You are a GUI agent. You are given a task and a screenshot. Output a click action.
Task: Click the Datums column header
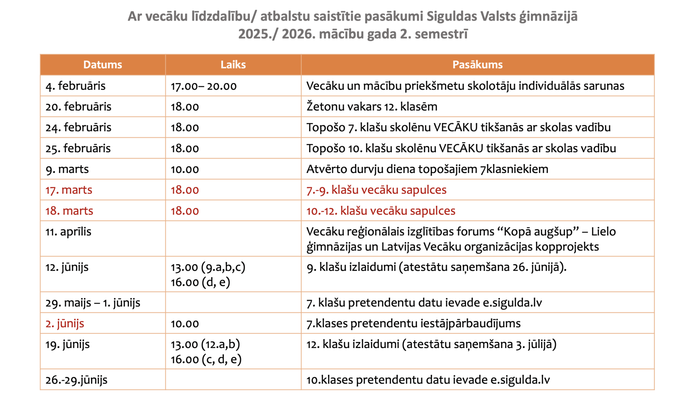pos(102,65)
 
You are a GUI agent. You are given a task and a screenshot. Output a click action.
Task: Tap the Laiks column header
pos(233,65)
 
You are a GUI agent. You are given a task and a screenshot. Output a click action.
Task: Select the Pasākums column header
pos(477,65)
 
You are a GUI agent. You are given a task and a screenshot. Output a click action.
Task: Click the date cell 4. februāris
pos(75,86)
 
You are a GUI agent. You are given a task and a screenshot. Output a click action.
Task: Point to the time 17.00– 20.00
pos(204,86)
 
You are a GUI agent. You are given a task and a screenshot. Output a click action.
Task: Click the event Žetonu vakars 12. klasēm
pos(372,107)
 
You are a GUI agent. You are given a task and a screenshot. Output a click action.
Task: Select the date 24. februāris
pos(78,128)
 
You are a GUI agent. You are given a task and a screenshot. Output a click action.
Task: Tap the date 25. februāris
pos(78,148)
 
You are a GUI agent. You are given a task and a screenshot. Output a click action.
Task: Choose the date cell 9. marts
pos(67,169)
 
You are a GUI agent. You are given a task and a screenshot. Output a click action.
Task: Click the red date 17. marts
pos(69,190)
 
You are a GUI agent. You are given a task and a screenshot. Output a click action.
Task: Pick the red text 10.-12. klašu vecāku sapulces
pos(381,211)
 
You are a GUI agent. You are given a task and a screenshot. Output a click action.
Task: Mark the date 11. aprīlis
pos(68,232)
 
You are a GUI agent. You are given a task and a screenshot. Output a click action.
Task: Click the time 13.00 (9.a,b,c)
pos(208,267)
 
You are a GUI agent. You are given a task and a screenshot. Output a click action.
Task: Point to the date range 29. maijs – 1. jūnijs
pos(93,303)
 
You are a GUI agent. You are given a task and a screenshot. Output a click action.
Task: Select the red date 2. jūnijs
pos(65,323)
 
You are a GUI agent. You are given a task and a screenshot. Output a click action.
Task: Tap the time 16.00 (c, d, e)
pos(206,359)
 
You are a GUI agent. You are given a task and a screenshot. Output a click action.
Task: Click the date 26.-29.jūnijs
pos(76,380)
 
